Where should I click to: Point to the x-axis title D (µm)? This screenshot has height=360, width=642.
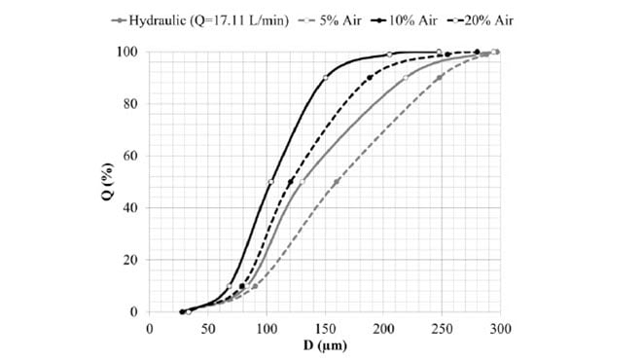324,345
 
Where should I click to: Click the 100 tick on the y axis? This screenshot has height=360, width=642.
130,52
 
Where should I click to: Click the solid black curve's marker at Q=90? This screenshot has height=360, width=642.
325,77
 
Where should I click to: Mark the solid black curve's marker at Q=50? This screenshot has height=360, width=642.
270,182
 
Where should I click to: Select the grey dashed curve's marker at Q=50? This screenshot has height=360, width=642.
336,182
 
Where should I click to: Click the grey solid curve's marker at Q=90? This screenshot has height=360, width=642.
406,78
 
